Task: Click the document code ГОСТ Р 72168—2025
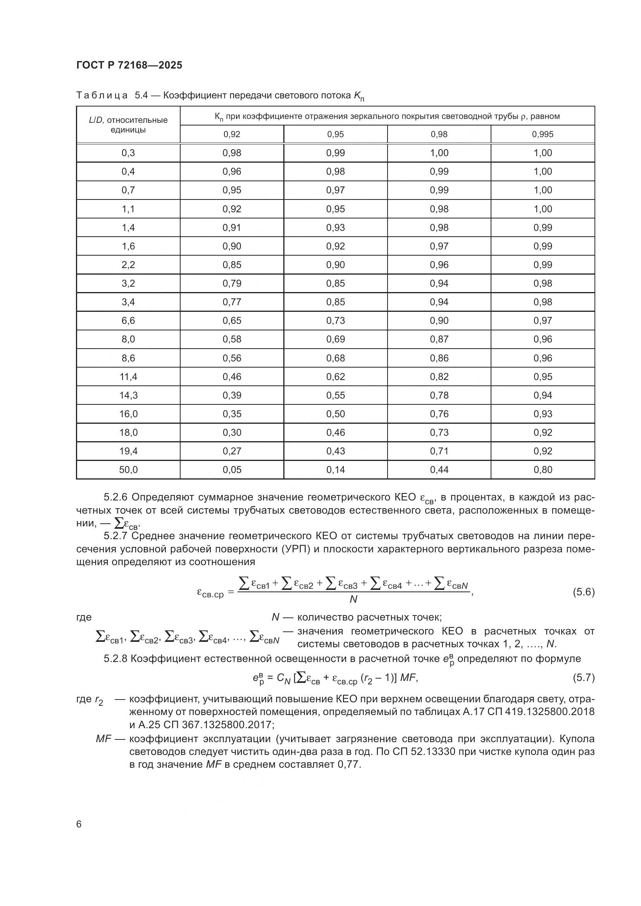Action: point(129,65)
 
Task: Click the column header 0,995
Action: point(543,134)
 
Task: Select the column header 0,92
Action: point(232,134)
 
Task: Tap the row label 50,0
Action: point(128,469)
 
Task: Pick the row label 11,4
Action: point(128,376)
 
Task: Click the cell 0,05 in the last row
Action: point(232,469)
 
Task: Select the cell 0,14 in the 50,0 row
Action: point(336,469)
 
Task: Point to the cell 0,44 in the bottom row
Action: point(439,469)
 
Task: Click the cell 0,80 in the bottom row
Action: point(543,469)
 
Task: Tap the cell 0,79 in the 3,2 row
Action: point(232,283)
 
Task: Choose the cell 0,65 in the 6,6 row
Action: point(232,320)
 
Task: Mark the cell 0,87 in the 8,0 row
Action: point(439,339)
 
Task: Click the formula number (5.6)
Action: point(583,592)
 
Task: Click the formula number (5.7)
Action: point(583,677)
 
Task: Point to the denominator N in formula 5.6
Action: point(353,599)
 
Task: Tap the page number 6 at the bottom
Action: point(79,824)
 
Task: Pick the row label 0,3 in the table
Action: point(128,153)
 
